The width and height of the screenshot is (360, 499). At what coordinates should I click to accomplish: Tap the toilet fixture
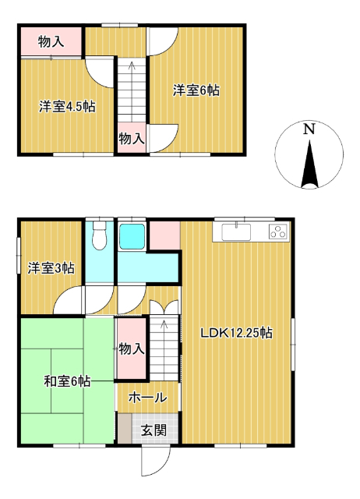(x=99, y=235)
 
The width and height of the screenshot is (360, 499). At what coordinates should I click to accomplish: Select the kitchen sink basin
(x=236, y=232)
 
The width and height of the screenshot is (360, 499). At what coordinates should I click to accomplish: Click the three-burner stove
(x=278, y=232)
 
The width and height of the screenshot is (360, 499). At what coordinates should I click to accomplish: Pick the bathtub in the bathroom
(x=132, y=236)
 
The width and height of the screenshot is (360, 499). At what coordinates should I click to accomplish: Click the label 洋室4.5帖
(x=67, y=107)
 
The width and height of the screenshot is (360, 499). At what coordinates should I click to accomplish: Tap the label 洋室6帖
(x=196, y=90)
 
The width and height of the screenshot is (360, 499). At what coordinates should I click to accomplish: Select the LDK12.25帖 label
(x=236, y=333)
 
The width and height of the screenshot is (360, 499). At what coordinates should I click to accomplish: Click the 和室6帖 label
(x=67, y=381)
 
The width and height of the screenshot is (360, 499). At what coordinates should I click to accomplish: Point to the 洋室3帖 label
(x=51, y=268)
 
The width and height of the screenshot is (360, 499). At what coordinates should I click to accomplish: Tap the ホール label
(x=148, y=398)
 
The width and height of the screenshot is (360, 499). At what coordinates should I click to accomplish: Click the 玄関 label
(x=154, y=430)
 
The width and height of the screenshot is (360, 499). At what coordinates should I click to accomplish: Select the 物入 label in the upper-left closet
(x=51, y=41)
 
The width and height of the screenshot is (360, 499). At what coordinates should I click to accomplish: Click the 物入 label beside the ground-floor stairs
(x=132, y=349)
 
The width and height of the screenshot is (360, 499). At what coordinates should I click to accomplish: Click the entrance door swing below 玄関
(x=156, y=461)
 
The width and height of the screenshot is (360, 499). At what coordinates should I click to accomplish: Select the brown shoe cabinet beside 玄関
(x=125, y=428)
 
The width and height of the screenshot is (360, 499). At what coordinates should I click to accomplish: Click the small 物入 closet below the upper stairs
(x=132, y=138)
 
